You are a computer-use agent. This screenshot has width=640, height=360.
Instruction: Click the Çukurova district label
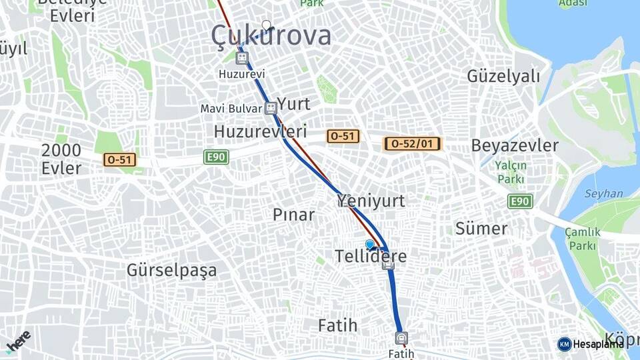pos(271,36)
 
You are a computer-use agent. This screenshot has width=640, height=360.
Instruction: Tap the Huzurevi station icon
pos(242,58)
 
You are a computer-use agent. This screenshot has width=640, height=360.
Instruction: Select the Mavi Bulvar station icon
pos(270,108)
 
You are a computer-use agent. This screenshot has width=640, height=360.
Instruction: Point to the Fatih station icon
pos(400,337)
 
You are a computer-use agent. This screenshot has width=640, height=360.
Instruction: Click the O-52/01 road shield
pos(413,143)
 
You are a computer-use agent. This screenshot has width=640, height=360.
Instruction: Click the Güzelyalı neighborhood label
pos(503,76)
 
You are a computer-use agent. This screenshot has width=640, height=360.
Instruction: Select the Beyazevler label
pos(515,145)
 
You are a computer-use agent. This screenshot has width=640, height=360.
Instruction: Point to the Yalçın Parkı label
pos(511,173)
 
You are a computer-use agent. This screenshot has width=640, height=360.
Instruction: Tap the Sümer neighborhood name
pos(481,229)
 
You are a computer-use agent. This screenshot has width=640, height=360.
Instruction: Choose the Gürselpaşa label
pos(171,270)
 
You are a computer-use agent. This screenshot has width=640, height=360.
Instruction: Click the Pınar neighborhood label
pos(293,214)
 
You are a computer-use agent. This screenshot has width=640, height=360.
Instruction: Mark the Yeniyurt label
pos(371,200)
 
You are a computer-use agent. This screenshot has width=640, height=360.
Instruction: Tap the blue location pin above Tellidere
pos(370,245)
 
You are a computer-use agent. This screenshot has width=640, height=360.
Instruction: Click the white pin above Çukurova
pos(267,25)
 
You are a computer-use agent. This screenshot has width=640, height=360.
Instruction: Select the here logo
pos(19,340)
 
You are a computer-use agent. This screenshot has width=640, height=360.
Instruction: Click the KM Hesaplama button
pos(590,344)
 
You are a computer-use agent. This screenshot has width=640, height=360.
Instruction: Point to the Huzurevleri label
pos(260,131)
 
